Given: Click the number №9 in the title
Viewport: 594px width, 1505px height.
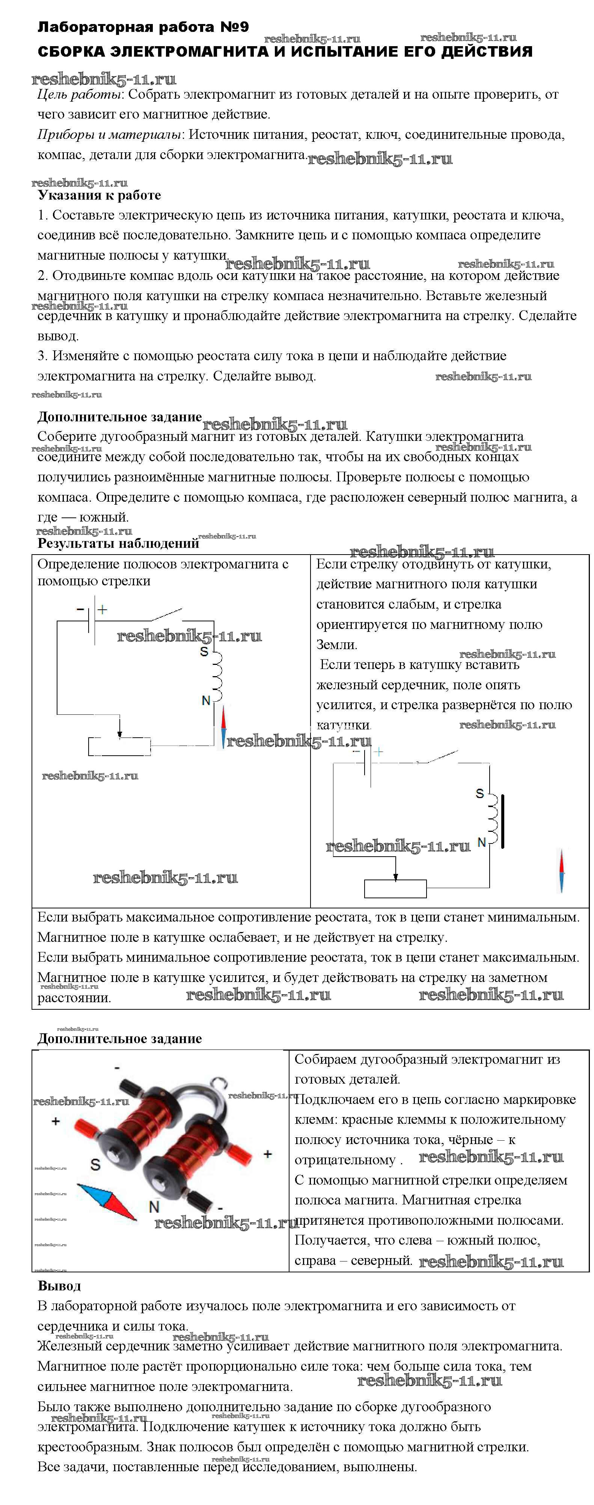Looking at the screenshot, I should [234, 27].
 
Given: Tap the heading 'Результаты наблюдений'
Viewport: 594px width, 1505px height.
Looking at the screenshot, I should [118, 543].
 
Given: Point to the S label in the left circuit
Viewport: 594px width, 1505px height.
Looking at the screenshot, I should [204, 651].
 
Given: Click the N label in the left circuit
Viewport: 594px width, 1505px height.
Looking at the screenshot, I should [206, 700].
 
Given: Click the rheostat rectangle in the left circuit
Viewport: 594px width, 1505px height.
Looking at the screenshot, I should [119, 746].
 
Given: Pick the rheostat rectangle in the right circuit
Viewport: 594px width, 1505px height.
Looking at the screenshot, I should [395, 888].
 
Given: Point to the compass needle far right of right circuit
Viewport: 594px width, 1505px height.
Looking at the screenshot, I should [562, 871].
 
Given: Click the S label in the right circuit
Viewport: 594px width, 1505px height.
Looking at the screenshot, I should [479, 793].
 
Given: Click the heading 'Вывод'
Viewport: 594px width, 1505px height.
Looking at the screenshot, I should [59, 1286].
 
